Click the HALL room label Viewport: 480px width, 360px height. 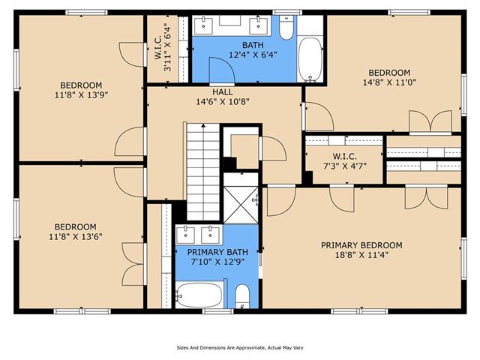(223, 91)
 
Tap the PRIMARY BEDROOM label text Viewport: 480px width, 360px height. (361, 245)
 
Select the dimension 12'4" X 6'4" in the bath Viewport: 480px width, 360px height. (253, 55)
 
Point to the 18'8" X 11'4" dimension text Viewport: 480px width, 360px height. (361, 255)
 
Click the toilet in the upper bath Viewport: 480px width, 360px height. (286, 28)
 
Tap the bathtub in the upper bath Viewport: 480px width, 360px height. (310, 60)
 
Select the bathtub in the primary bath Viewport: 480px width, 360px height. (199, 295)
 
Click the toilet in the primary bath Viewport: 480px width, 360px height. (242, 296)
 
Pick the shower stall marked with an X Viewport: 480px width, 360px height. (241, 205)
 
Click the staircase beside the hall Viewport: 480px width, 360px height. (203, 172)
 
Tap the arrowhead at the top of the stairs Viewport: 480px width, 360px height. (203, 125)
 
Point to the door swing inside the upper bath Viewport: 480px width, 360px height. (222, 70)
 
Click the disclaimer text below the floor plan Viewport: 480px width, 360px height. (240, 348)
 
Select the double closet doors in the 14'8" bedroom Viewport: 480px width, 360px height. (430, 121)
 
